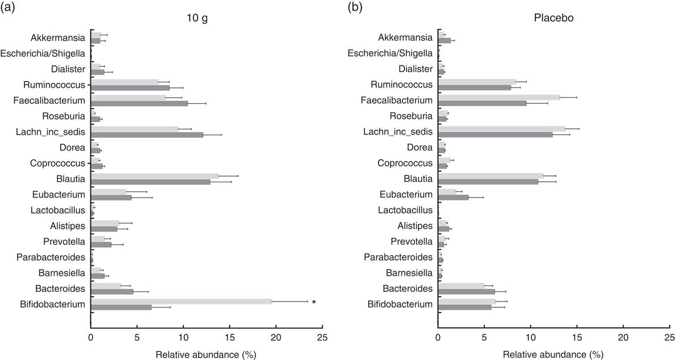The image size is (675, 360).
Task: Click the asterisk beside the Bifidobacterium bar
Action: (x=313, y=302)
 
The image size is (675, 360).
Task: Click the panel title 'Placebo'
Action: (x=554, y=18)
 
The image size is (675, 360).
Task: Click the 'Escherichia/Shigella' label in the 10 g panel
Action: (x=43, y=54)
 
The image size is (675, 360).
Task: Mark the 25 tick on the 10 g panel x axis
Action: (x=322, y=336)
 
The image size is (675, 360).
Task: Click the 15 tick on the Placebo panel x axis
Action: (x=577, y=336)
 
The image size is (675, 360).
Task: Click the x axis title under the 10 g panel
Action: (x=206, y=353)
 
